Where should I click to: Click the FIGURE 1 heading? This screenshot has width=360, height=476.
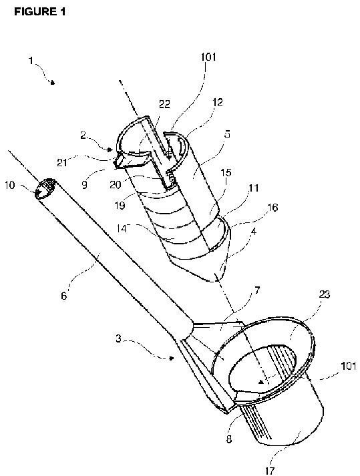(x=40, y=11)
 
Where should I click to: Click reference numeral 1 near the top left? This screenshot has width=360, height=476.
(x=31, y=61)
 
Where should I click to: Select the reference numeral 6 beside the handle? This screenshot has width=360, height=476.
(x=64, y=296)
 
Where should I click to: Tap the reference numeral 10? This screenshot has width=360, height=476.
(x=10, y=185)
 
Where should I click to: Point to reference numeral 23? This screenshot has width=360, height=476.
(x=325, y=294)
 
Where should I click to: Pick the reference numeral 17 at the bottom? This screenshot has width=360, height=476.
(x=269, y=471)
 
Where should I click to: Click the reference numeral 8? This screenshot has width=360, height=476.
(x=229, y=439)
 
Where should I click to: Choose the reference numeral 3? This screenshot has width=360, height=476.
(x=118, y=338)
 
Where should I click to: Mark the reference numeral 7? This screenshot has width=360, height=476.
(x=257, y=290)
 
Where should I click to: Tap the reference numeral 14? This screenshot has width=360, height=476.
(x=122, y=228)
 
